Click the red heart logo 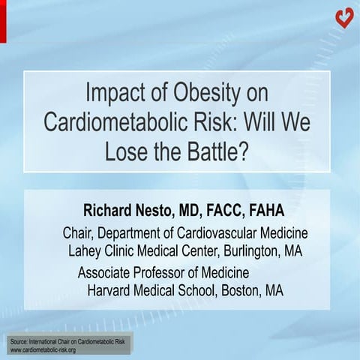click(344, 17)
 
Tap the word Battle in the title click(217, 150)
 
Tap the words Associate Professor click(136, 272)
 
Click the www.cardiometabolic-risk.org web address click(43, 349)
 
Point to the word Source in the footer click(19, 341)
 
